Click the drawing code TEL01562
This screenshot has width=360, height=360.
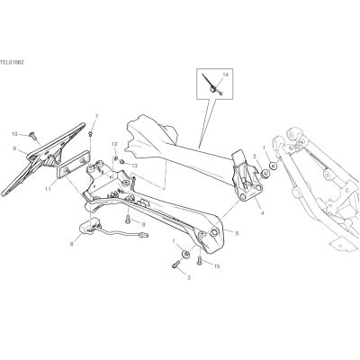click(x=12, y=63)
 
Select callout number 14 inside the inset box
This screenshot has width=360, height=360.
click(x=225, y=75)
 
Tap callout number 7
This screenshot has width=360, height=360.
click(x=96, y=116)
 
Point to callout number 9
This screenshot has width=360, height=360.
click(x=14, y=148)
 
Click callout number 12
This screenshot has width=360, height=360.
click(x=114, y=144)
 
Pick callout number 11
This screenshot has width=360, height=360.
click(x=49, y=189)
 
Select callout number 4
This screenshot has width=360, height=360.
click(x=262, y=213)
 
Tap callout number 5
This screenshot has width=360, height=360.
click(x=237, y=233)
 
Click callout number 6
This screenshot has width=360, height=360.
click(x=71, y=244)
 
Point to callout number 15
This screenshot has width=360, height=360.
click(x=217, y=266)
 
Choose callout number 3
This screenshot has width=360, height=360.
click(x=189, y=278)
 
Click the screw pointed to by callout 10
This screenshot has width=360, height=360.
click(x=32, y=137)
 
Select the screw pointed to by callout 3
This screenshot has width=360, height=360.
click(x=175, y=265)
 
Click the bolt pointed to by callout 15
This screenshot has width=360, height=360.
click(x=199, y=261)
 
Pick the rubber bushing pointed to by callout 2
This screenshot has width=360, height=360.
click(x=265, y=174)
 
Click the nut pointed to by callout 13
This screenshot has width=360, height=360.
click(x=121, y=162)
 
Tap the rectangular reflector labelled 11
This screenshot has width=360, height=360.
click(x=74, y=165)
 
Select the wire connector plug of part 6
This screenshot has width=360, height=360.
click(x=144, y=235)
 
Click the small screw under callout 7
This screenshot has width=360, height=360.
click(x=91, y=133)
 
